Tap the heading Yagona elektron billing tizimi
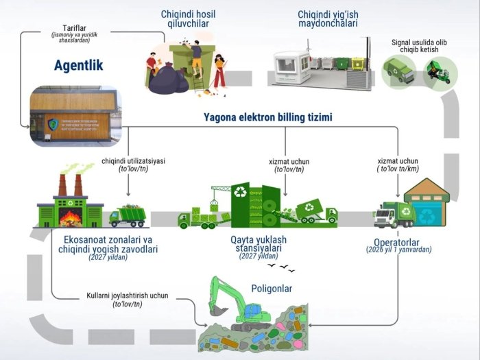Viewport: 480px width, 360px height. coord(267,117)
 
